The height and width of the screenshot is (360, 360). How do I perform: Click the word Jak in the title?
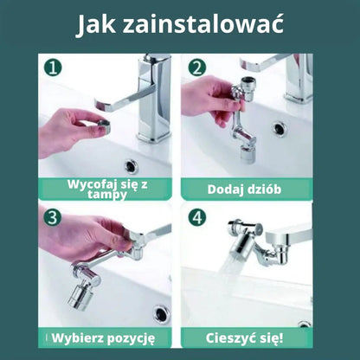click(x=97, y=25)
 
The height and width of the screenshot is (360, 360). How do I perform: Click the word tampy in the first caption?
click(x=109, y=195)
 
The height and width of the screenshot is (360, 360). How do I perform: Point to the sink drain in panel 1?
click(x=132, y=165)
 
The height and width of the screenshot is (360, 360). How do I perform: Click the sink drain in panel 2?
click(x=280, y=128)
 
